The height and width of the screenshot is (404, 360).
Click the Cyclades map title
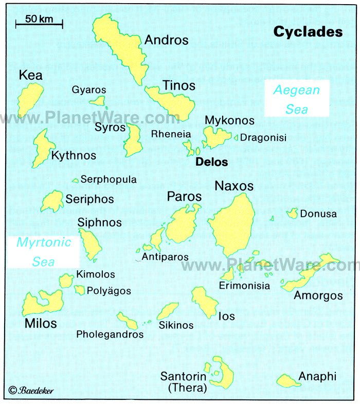pos(308,32)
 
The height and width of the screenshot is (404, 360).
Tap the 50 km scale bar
pos(39,23)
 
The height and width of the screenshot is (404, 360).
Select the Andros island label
pos(166,40)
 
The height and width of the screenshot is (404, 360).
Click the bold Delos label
pos(211,162)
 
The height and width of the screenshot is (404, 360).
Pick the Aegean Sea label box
pos(296,99)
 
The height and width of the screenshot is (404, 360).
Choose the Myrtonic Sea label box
pos(43,252)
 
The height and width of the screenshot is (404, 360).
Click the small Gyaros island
pos(97,101)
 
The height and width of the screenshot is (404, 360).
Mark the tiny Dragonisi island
pos(236,138)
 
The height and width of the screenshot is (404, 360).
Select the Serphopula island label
pos(108,180)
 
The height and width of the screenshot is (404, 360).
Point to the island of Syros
pos(134,140)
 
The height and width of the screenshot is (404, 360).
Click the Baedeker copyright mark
pos(31,391)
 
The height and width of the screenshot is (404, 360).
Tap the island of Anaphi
pos(288,381)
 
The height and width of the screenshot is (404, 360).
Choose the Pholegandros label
pos(110,335)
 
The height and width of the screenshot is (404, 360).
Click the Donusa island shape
pos(292,213)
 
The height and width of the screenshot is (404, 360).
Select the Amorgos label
pos(318,295)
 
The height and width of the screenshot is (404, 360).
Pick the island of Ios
pos(205,302)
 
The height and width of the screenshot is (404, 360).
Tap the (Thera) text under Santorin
pos(184,388)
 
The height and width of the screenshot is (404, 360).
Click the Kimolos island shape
pos(66,280)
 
